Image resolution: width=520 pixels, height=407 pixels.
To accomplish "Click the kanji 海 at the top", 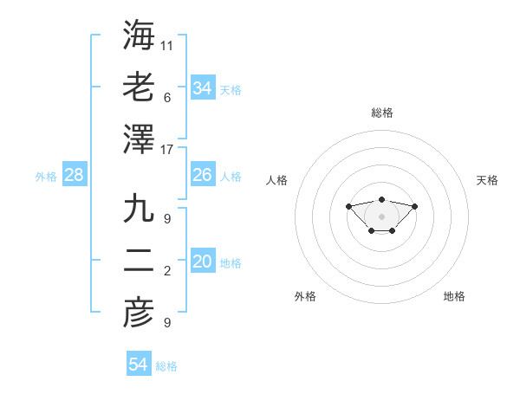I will click(139, 36).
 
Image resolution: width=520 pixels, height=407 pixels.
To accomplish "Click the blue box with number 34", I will click(203, 87).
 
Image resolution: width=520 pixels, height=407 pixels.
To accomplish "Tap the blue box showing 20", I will click(203, 262).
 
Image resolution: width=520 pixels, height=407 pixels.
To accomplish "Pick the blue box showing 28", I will click(75, 176).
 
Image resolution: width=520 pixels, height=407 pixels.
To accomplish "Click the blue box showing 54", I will click(139, 365).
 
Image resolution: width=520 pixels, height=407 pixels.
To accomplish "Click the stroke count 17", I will click(167, 149).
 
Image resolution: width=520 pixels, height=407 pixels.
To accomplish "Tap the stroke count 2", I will click(167, 271).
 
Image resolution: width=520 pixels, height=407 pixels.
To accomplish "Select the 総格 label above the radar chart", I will click(381, 113).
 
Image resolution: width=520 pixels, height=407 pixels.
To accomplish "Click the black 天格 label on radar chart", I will click(487, 180).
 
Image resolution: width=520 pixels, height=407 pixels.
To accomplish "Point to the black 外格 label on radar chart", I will click(305, 296).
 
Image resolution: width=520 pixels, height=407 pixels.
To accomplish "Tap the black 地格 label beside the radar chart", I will click(454, 296).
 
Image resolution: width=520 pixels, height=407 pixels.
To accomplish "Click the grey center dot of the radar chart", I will click(381, 216).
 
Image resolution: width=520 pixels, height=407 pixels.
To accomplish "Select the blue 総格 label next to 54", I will click(166, 366).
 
